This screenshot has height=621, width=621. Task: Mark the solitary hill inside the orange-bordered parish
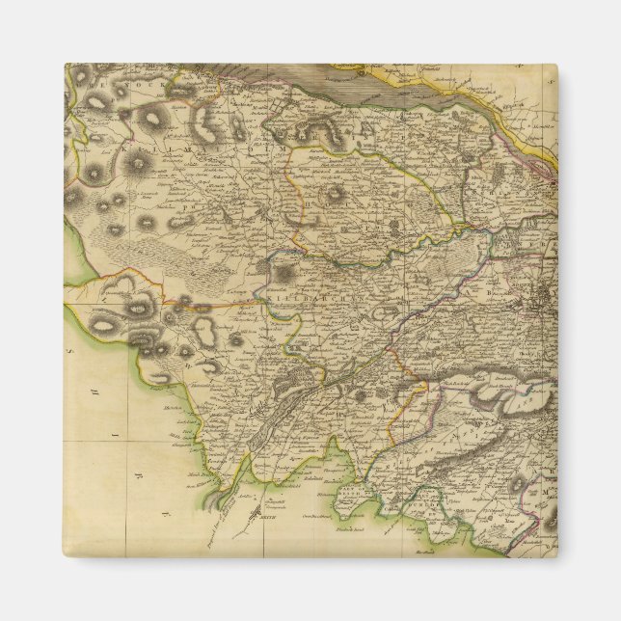point(334,194)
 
